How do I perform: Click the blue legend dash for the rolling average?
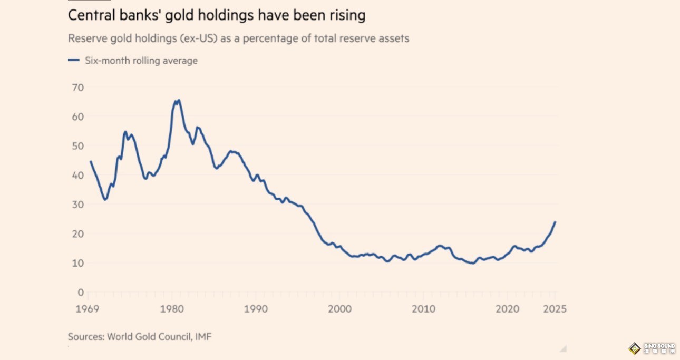pyautogui.click(x=73, y=61)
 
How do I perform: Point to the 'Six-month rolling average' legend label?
pyautogui.click(x=141, y=61)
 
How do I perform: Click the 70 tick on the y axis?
pyautogui.click(x=77, y=87)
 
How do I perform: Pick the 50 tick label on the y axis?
pyautogui.click(x=77, y=145)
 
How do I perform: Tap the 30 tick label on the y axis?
pyautogui.click(x=77, y=204)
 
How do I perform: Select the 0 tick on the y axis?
pyautogui.click(x=80, y=292)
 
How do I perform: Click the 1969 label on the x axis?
pyautogui.click(x=88, y=309)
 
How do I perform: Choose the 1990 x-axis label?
pyautogui.click(x=256, y=309)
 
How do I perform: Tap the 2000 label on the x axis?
pyautogui.click(x=339, y=309)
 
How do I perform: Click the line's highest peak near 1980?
pyautogui.click(x=179, y=100)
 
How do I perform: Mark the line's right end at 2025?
pyautogui.click(x=555, y=222)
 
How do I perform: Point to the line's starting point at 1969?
pyautogui.click(x=91, y=161)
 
